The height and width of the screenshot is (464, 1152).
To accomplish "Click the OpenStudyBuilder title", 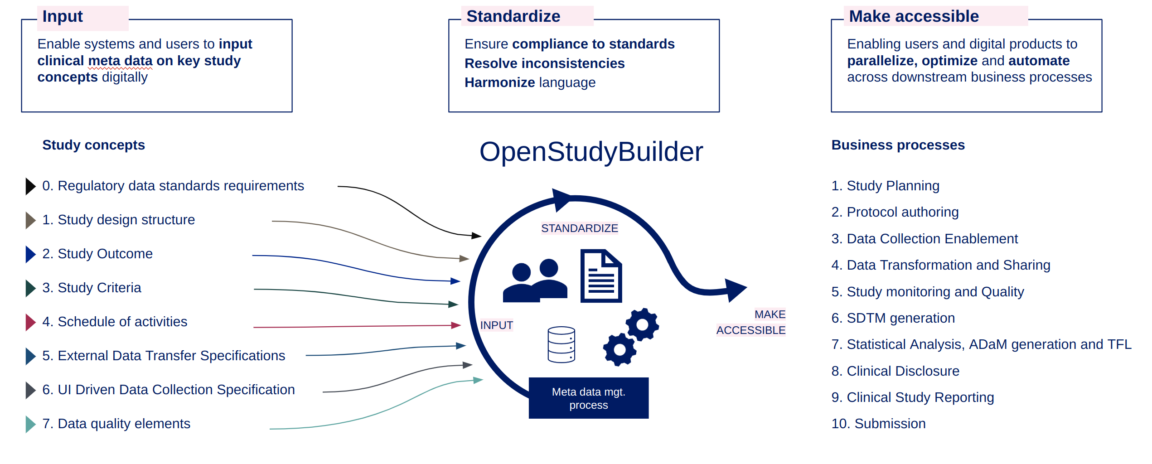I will [591, 152].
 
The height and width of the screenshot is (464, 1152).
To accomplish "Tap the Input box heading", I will [63, 17].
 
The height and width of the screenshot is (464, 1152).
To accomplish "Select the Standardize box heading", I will [513, 17].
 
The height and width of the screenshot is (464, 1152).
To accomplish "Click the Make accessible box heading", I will [914, 17].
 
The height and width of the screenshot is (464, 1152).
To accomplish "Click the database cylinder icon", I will [561, 345].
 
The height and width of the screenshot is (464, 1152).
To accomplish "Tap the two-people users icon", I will [535, 281].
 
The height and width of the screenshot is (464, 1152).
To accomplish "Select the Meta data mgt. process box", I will [588, 398].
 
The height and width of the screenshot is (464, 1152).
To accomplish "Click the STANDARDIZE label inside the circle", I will [579, 228].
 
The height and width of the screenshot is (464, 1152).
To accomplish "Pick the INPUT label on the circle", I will [496, 325].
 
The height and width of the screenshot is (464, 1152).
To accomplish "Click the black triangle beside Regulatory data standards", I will [30, 186].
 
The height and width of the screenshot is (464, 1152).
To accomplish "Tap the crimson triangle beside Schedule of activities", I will [30, 322].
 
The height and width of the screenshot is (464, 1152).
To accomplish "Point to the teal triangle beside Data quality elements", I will [30, 424].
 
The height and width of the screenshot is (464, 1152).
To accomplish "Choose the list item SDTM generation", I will [893, 318].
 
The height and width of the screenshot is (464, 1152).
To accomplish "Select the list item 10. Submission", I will [878, 424].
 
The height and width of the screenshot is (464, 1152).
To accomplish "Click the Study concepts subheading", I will [93, 145].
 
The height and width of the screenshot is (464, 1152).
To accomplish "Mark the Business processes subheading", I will [898, 145].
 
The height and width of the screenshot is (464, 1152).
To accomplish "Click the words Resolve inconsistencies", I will [544, 63].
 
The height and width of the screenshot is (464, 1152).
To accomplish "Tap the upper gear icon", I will [642, 324].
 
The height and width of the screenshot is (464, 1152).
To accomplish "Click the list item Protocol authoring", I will [895, 212].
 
